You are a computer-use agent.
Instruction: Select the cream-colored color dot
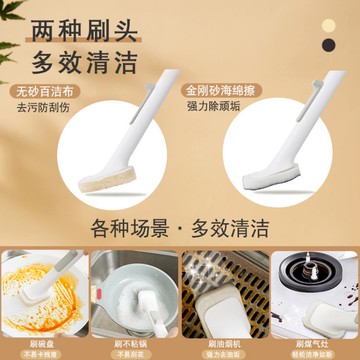point(330,24)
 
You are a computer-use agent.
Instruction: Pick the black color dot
point(330,46)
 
